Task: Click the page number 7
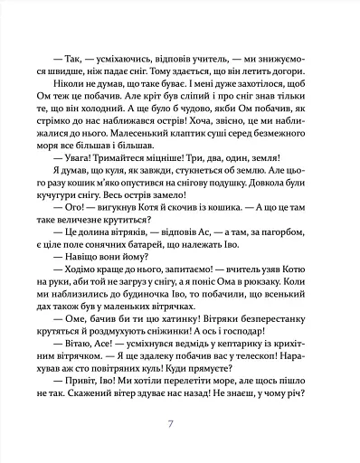[183, 425]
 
